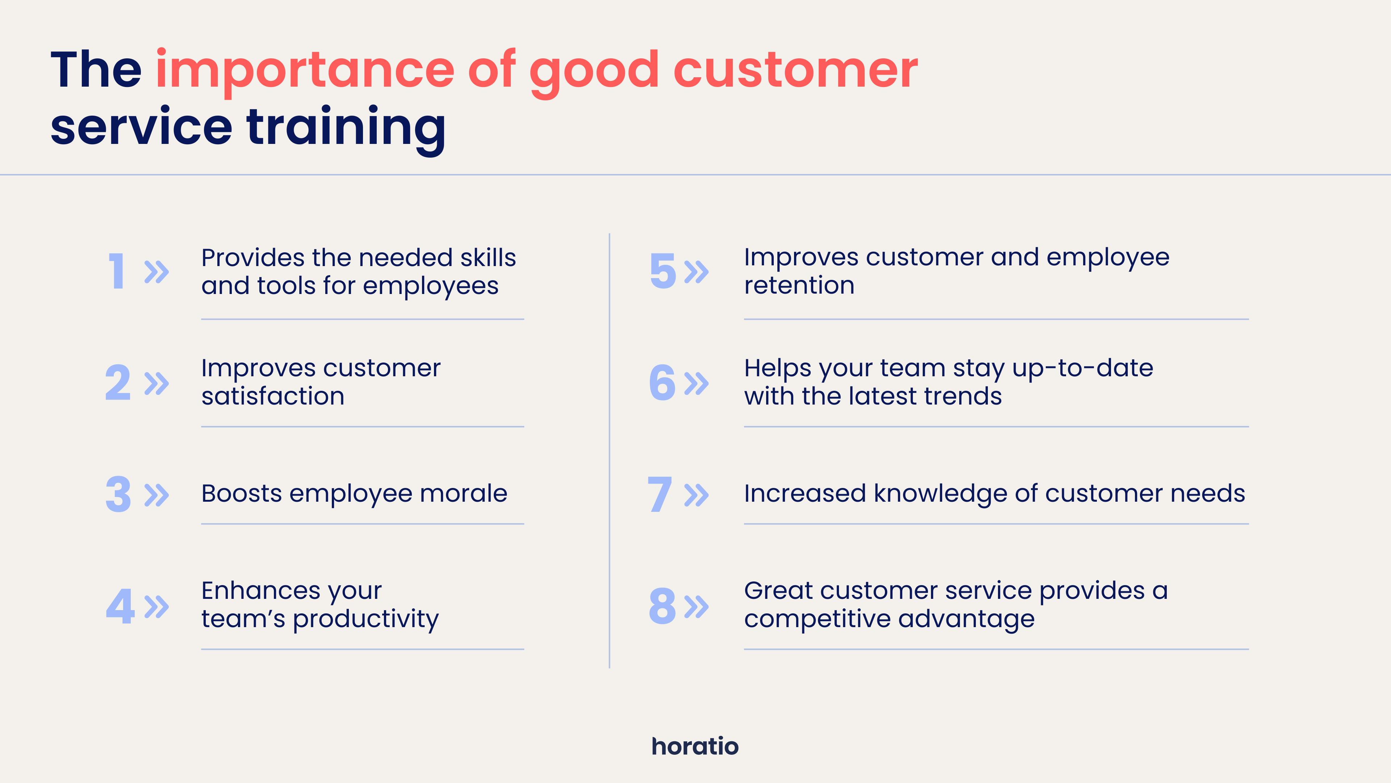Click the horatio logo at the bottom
click(695, 746)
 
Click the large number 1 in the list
click(117, 271)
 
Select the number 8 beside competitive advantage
click(663, 606)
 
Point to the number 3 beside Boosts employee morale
click(118, 494)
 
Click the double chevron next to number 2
click(156, 383)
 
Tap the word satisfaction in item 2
click(273, 396)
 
